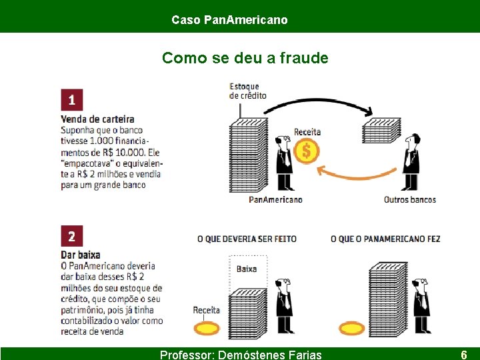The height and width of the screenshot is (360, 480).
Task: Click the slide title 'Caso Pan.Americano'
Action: pos(229,20)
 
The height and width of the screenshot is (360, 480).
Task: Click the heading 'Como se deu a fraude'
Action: pos(245,58)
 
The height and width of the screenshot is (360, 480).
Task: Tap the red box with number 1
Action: pos(71,100)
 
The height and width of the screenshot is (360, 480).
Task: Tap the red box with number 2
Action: pos(71,236)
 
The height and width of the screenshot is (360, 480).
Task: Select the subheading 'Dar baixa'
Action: pos(80,255)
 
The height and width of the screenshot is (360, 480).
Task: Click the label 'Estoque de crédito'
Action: pos(247,91)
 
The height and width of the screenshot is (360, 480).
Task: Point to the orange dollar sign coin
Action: pos(306,151)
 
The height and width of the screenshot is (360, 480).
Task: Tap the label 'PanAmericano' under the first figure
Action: pos(275,199)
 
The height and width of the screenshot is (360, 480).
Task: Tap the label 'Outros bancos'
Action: pos(409,199)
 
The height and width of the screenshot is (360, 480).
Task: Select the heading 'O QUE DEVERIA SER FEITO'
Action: pos(247,239)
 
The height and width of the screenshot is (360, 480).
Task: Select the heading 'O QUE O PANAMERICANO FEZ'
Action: pos(385,239)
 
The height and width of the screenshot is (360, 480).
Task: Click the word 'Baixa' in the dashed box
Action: pos(247,269)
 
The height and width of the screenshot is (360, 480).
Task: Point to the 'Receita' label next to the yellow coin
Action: pos(206,310)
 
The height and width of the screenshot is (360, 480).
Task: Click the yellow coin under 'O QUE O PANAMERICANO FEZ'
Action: pos(351,328)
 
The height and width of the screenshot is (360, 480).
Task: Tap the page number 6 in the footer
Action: pos(463,355)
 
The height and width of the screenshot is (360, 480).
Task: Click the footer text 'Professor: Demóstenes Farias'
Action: pos(241,355)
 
